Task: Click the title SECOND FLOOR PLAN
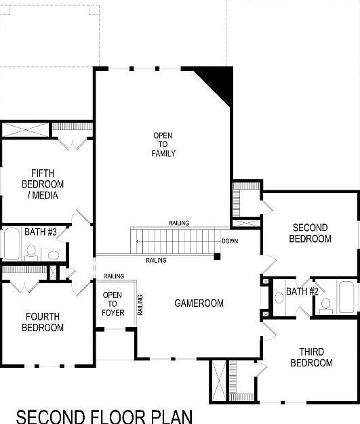104,415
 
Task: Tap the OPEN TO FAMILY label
163,144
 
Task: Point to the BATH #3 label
40,232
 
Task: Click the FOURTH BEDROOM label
43,322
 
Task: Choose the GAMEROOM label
198,303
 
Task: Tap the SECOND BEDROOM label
310,233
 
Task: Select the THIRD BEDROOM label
311,357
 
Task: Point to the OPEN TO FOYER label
113,303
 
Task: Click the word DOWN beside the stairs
230,241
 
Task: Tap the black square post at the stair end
216,256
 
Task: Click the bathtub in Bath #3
11,245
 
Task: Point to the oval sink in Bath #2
279,297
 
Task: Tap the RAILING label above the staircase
179,223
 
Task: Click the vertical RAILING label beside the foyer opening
140,305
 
